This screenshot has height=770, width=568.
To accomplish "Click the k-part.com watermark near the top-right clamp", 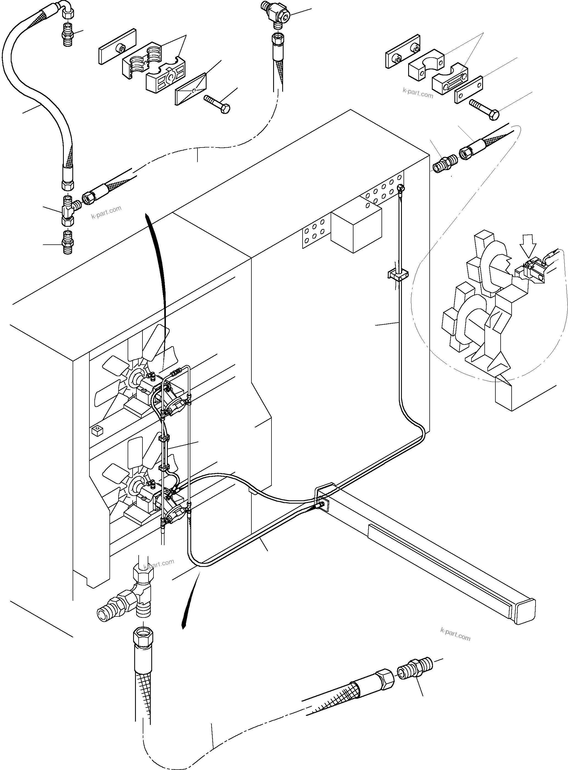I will (418, 93).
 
